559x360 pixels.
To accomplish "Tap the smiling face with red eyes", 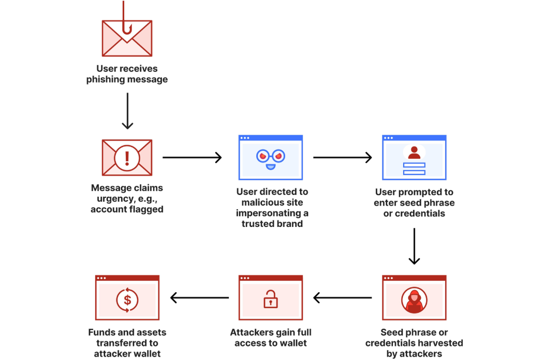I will coord(271,159).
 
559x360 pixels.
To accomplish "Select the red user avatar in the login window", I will coord(414,153).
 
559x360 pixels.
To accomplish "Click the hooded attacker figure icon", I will coord(414,300).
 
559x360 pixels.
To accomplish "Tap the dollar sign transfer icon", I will coord(127,300).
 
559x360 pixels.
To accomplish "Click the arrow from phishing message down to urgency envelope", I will coord(127,111).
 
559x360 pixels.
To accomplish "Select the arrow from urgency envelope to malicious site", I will coord(192,157).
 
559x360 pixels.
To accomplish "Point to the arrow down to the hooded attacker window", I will coord(414,246).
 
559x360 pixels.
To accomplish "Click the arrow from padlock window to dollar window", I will coord(199,298).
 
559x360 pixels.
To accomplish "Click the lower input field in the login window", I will coord(414,172).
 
